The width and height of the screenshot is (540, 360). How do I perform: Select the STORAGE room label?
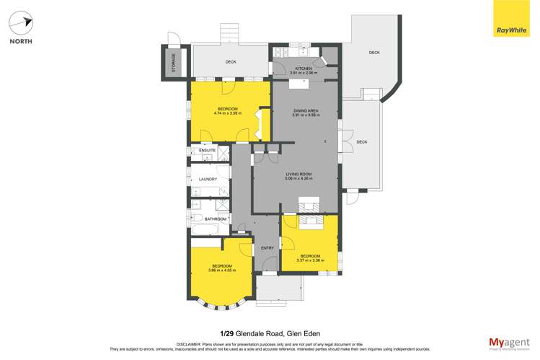click(173, 62)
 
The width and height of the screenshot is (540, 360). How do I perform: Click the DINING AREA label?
click(305, 110)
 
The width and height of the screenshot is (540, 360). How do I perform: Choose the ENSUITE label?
click(198, 150)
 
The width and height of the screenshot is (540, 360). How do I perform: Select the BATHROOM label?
click(216, 219)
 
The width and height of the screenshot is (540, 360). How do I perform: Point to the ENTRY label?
click(267, 248)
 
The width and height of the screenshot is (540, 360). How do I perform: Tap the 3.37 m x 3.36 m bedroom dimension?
click(310, 260)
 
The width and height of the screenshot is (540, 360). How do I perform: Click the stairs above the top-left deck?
click(229, 33)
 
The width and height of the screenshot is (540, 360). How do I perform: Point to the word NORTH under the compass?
click(21, 41)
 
